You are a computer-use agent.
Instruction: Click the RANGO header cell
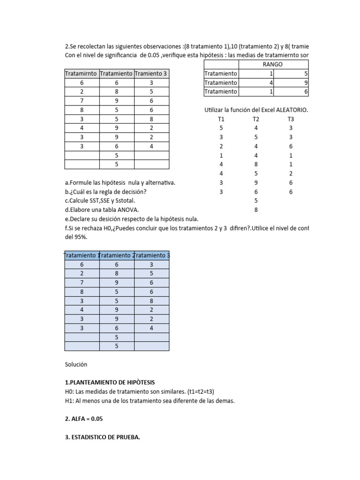click(274, 64)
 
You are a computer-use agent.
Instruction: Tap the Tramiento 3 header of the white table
click(151, 73)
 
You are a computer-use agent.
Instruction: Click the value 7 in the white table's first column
click(82, 101)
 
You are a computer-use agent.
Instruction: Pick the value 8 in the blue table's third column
click(151, 300)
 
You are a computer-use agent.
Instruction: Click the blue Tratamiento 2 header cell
click(117, 255)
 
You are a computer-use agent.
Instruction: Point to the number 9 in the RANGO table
click(305, 82)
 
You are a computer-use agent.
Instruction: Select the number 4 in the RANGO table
click(271, 82)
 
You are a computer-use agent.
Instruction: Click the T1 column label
click(222, 119)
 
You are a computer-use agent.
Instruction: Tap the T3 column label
click(291, 119)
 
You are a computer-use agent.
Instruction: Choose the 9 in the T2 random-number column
click(256, 183)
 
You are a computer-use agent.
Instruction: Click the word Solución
click(76, 364)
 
